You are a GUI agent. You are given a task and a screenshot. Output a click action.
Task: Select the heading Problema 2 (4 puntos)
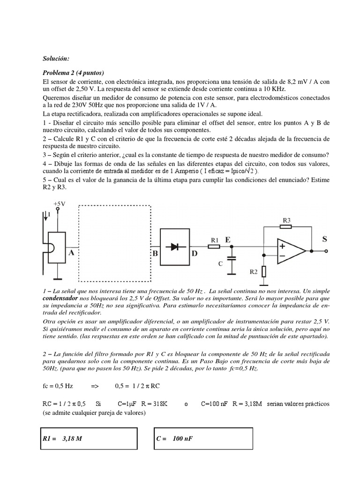click(73, 73)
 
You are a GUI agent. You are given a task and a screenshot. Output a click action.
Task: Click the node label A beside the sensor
click(72, 252)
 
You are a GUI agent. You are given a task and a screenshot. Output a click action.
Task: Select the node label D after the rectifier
click(195, 254)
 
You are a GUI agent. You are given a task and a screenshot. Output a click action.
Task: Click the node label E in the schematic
click(228, 240)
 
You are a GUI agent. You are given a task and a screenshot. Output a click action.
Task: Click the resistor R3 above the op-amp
click(286, 227)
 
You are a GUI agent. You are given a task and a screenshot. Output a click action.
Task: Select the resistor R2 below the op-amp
click(264, 271)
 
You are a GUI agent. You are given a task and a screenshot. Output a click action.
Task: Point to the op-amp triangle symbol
click(291, 251)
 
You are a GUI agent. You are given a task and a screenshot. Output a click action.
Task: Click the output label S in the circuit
click(324, 239)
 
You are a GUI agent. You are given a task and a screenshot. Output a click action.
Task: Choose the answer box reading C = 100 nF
click(203, 438)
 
